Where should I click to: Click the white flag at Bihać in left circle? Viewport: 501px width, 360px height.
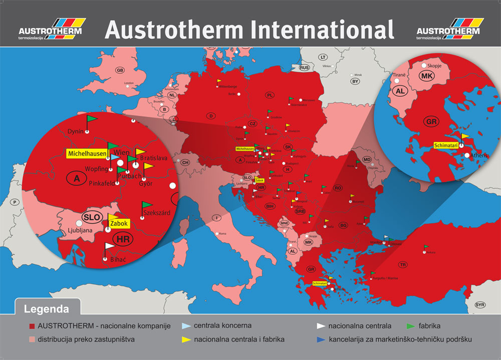click(x=109, y=246)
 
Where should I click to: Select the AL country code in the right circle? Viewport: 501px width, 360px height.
click(x=400, y=91)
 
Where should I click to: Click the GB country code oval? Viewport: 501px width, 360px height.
click(x=120, y=70)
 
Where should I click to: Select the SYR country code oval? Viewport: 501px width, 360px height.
click(x=480, y=305)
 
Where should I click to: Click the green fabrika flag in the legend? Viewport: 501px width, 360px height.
click(x=410, y=325)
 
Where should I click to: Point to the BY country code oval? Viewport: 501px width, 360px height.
click(x=355, y=81)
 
